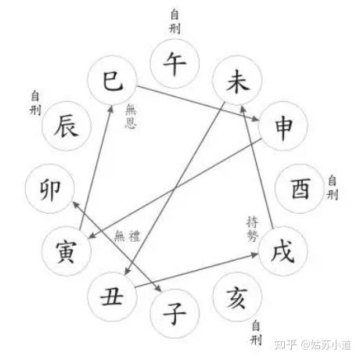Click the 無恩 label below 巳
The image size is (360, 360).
click(x=131, y=116)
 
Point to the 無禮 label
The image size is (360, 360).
click(x=128, y=236)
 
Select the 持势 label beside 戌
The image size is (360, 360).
click(x=252, y=229)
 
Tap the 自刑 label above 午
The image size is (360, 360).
click(x=175, y=21)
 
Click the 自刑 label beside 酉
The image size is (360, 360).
click(x=332, y=188)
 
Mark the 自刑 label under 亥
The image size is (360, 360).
click(x=256, y=333)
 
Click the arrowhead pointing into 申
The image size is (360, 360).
click(x=255, y=119)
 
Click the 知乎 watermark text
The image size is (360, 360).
click(x=285, y=345)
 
